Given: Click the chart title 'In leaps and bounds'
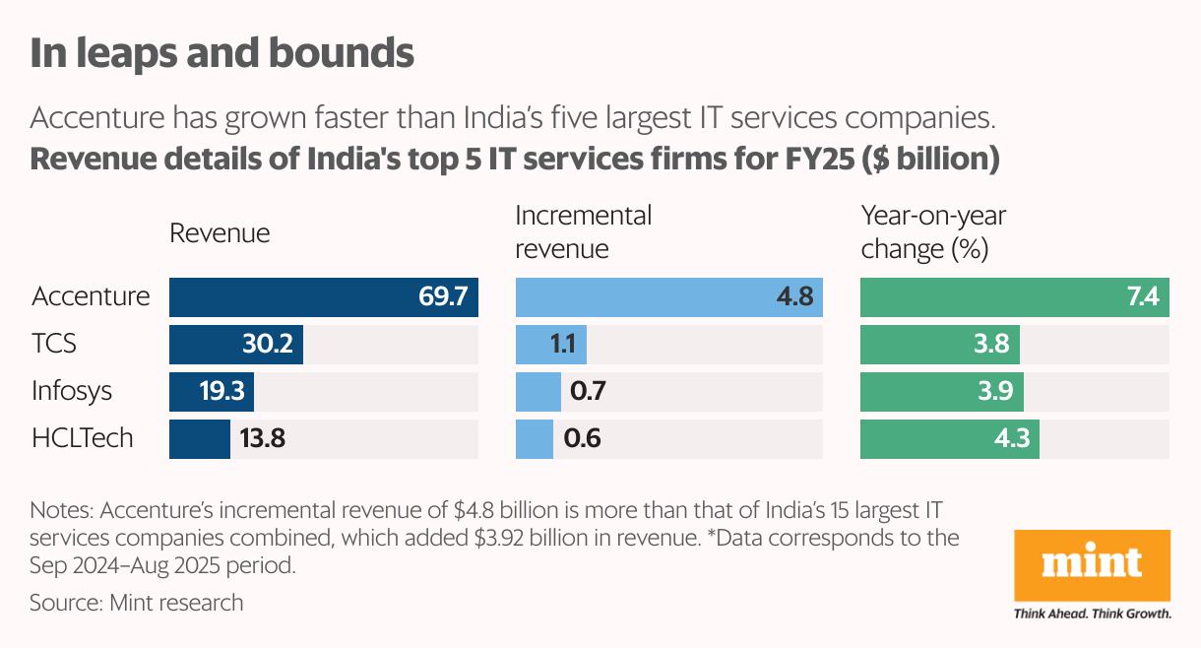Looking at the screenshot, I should [x=221, y=53].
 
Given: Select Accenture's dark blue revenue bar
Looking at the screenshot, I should [x=324, y=296].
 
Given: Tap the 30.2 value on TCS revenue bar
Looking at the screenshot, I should [x=268, y=345].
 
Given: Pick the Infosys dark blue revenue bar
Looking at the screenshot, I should [x=212, y=392].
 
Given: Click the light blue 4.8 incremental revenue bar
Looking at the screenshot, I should [x=669, y=296].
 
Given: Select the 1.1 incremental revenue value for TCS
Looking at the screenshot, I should [x=563, y=345].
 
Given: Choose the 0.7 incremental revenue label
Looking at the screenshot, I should [x=587, y=392].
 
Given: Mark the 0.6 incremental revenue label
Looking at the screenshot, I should [x=583, y=438].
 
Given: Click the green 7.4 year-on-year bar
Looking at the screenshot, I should [x=1015, y=296].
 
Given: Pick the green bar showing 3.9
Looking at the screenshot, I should [x=942, y=392].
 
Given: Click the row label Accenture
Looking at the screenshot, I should [x=91, y=296].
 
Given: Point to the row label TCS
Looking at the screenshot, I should [x=54, y=345].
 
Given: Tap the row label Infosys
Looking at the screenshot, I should [x=72, y=392].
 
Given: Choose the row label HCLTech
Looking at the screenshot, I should [x=82, y=438].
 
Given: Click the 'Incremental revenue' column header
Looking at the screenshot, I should [x=584, y=232].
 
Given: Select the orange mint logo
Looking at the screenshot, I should [x=1092, y=566].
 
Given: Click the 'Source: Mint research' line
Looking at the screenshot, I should [x=136, y=602].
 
